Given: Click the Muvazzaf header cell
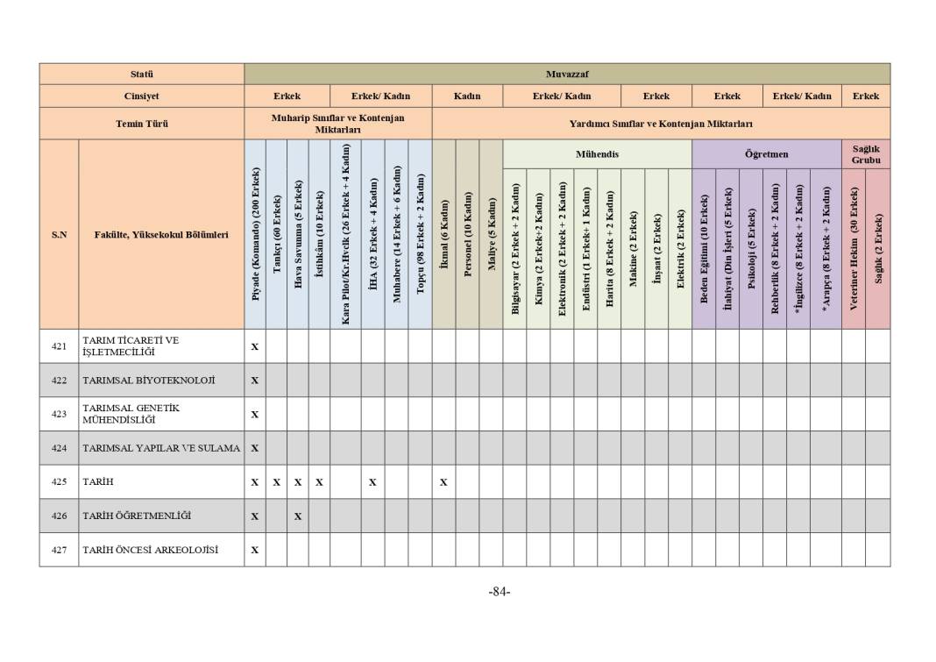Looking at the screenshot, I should (x=566, y=74).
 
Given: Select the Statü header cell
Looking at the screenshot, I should (x=141, y=74).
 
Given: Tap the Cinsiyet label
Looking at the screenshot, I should (x=141, y=96).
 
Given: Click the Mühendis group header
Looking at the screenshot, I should (x=597, y=154).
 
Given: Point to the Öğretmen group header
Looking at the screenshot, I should (x=766, y=154).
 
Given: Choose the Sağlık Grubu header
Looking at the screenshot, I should (x=865, y=154).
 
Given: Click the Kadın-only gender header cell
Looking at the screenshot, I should (x=467, y=96).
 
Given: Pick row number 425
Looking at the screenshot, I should (x=59, y=481).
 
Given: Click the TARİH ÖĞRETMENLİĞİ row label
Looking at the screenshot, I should (x=137, y=516).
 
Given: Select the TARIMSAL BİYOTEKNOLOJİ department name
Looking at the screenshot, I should (x=148, y=381).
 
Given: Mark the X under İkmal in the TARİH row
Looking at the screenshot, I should (x=443, y=482).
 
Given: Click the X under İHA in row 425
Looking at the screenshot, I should (x=372, y=482).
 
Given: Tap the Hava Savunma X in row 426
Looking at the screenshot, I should (x=298, y=516).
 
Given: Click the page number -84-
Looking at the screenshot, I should (x=499, y=592).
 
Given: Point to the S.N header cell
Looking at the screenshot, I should (x=59, y=235).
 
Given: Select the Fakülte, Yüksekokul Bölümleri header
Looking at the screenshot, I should (x=161, y=235).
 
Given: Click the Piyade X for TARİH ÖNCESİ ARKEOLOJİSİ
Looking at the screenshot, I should (x=255, y=551).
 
